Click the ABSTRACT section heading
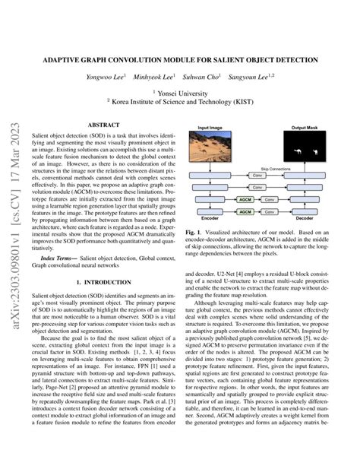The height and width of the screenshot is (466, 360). click(103, 123)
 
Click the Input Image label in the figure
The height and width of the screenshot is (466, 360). click(211, 127)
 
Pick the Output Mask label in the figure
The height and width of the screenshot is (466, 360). click(303, 127)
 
